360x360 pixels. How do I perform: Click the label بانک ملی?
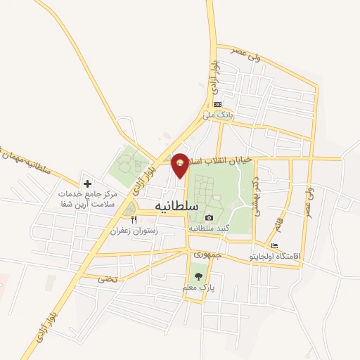point(217,113)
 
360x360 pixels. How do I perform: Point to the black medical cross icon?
point(87,184)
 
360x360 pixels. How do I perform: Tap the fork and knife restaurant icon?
point(134,219)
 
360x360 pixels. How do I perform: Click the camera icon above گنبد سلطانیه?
point(209,218)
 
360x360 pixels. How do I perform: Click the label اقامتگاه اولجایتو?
point(275,257)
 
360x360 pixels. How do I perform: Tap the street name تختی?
point(107,279)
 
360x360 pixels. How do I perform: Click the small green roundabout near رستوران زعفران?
point(128,209)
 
